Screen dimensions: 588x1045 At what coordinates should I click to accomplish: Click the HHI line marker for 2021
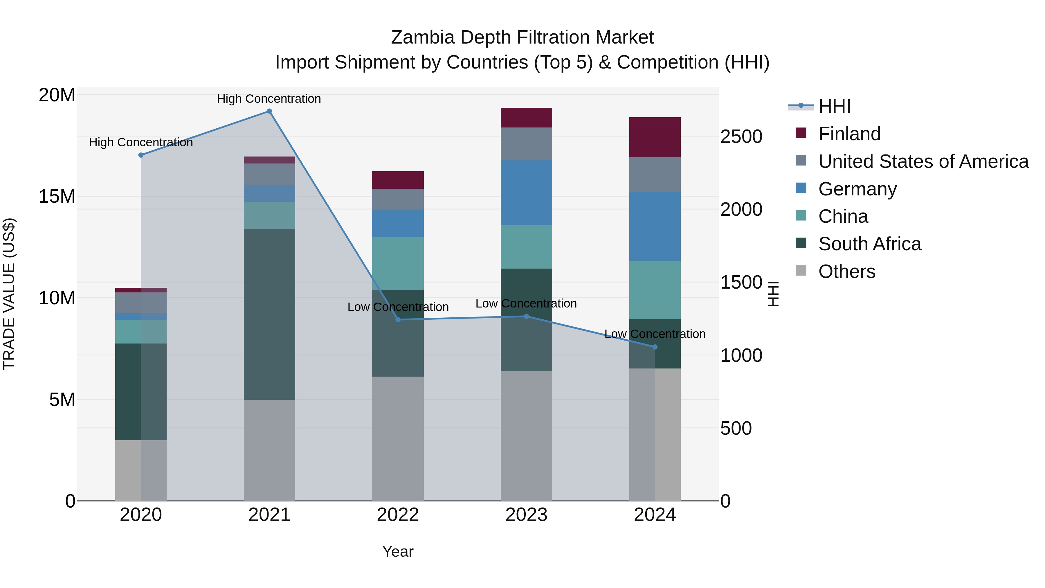tap(269, 111)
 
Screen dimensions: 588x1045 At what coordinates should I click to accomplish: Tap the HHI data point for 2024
tap(655, 347)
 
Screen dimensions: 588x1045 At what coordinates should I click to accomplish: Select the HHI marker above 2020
tap(141, 155)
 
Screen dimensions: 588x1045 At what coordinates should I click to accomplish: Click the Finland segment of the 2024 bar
tap(655, 137)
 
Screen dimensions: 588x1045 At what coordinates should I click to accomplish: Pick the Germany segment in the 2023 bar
tap(526, 193)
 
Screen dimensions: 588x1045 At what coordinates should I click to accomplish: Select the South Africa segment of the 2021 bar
tap(269, 314)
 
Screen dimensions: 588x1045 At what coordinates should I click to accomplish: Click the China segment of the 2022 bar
tap(398, 263)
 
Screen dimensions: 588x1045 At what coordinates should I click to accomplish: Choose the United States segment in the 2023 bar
tap(526, 144)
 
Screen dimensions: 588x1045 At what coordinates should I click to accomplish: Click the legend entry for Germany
tap(857, 189)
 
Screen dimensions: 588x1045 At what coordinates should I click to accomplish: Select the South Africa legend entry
tap(869, 244)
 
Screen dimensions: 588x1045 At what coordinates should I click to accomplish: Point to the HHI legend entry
tap(834, 106)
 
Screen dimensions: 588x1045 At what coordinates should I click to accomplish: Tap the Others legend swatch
tap(801, 271)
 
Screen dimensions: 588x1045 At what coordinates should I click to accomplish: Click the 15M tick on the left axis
tap(57, 196)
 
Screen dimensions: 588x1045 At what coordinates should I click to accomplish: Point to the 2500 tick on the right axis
tap(741, 136)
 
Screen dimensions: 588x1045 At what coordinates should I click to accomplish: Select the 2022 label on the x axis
tap(398, 515)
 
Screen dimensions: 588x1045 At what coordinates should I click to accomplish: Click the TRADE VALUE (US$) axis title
tap(9, 294)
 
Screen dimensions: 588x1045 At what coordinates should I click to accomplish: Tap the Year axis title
tap(398, 551)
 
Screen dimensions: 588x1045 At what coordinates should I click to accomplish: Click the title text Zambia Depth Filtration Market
tap(522, 37)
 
